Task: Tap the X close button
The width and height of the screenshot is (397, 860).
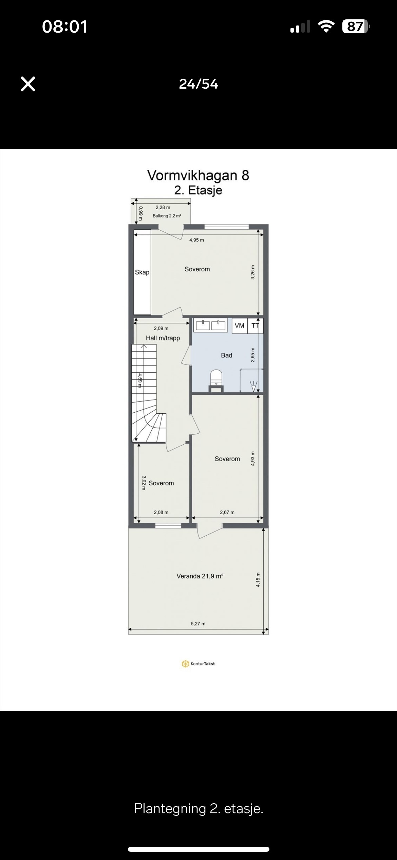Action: tap(28, 84)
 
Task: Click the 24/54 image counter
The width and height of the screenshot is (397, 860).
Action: tap(198, 84)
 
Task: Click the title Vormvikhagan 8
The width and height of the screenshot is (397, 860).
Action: tap(198, 175)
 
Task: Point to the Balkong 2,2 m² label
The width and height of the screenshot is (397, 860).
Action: tap(167, 216)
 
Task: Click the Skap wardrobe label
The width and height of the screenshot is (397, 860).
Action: tap(142, 272)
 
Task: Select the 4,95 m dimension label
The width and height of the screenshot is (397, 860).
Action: tap(197, 240)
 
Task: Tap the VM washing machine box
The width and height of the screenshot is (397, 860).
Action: tap(240, 326)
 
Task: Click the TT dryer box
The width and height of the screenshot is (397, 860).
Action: tap(255, 326)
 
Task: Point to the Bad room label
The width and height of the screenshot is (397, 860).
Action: tap(227, 355)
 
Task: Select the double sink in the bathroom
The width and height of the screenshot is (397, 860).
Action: tap(210, 325)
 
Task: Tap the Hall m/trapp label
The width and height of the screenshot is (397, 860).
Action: tap(163, 338)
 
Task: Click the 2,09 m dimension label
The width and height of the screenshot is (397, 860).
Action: tap(161, 328)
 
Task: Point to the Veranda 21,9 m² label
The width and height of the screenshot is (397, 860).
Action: tap(200, 576)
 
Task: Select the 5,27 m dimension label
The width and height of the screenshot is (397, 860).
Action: tap(198, 624)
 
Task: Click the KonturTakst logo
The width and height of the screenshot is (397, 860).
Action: tap(198, 664)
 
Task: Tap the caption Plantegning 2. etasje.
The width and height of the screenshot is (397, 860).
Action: tap(198, 808)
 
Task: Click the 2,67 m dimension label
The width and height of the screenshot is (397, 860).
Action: tap(227, 512)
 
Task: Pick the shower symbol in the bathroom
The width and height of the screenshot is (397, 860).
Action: tap(254, 386)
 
